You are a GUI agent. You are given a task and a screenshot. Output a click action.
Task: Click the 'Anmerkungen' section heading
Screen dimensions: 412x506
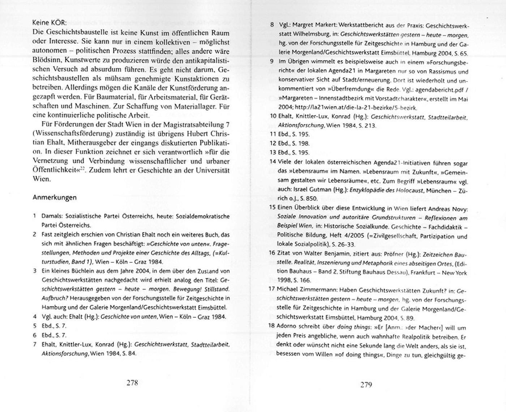point(54,197)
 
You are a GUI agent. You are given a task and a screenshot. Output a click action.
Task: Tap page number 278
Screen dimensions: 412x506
point(132,383)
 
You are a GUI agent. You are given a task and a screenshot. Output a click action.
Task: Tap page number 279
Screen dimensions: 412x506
point(366,385)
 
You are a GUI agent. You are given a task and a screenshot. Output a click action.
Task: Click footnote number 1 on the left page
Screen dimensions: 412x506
point(34,216)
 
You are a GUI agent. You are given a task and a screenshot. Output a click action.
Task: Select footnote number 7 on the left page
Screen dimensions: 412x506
point(34,344)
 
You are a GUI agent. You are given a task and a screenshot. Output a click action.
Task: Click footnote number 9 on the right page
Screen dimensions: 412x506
point(272,61)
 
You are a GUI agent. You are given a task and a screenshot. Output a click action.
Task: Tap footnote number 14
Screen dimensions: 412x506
point(273,161)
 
